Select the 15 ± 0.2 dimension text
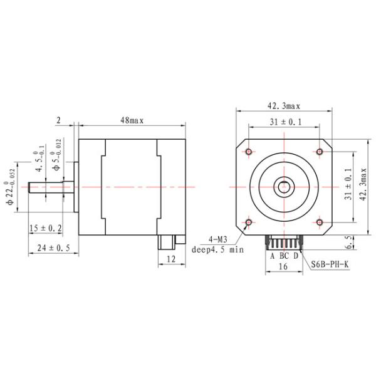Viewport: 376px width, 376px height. point(45,229)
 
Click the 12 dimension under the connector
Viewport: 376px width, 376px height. point(170,258)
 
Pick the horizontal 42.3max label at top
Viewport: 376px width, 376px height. point(285,106)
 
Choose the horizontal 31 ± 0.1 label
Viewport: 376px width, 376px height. point(285,122)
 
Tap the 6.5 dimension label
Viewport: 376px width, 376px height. point(366,241)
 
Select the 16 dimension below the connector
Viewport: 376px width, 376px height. point(283,266)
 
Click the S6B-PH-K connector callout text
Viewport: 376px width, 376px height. point(330,264)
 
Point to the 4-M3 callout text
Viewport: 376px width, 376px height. point(217,239)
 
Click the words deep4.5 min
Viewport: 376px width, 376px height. point(217,249)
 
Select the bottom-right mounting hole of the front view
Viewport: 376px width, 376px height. point(320,222)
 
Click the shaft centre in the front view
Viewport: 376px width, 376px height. point(285,187)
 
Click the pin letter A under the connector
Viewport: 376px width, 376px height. point(272,256)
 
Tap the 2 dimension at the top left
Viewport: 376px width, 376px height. point(58,120)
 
